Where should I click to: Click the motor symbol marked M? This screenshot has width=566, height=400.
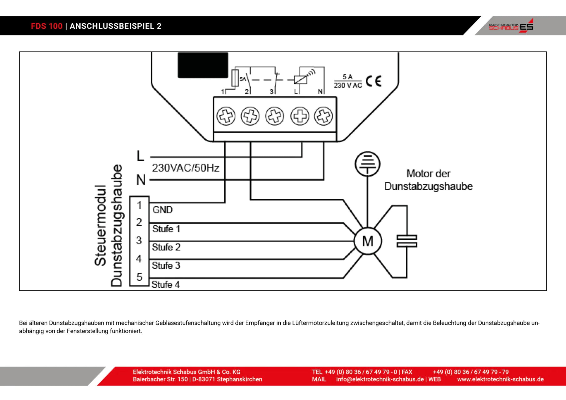click(368, 241)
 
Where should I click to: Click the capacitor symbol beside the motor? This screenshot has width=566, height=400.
click(407, 241)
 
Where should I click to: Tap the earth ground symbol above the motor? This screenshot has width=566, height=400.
click(367, 163)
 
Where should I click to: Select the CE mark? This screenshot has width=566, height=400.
click(373, 82)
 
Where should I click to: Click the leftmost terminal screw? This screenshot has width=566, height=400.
click(226, 116)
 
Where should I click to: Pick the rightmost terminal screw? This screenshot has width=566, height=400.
click(323, 116)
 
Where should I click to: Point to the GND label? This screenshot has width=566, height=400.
click(163, 210)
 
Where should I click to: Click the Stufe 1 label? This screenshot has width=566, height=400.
click(166, 229)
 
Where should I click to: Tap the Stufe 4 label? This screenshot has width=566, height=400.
click(166, 284)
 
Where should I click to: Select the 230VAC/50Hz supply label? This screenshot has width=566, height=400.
click(186, 168)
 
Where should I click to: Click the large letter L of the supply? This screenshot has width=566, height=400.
click(140, 156)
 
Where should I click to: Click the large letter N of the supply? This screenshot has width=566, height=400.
click(141, 180)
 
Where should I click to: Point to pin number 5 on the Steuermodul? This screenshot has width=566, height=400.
click(139, 277)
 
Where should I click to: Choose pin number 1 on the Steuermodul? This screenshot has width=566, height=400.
click(139, 205)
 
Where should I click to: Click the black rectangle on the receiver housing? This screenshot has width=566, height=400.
click(203, 65)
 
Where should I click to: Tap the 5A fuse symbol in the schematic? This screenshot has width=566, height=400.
click(235, 78)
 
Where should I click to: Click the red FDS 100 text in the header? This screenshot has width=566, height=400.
click(47, 26)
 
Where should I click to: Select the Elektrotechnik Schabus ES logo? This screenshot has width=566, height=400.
click(511, 26)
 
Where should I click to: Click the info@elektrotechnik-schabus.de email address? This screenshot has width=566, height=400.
click(380, 379)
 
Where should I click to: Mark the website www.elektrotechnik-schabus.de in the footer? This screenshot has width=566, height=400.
click(500, 379)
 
